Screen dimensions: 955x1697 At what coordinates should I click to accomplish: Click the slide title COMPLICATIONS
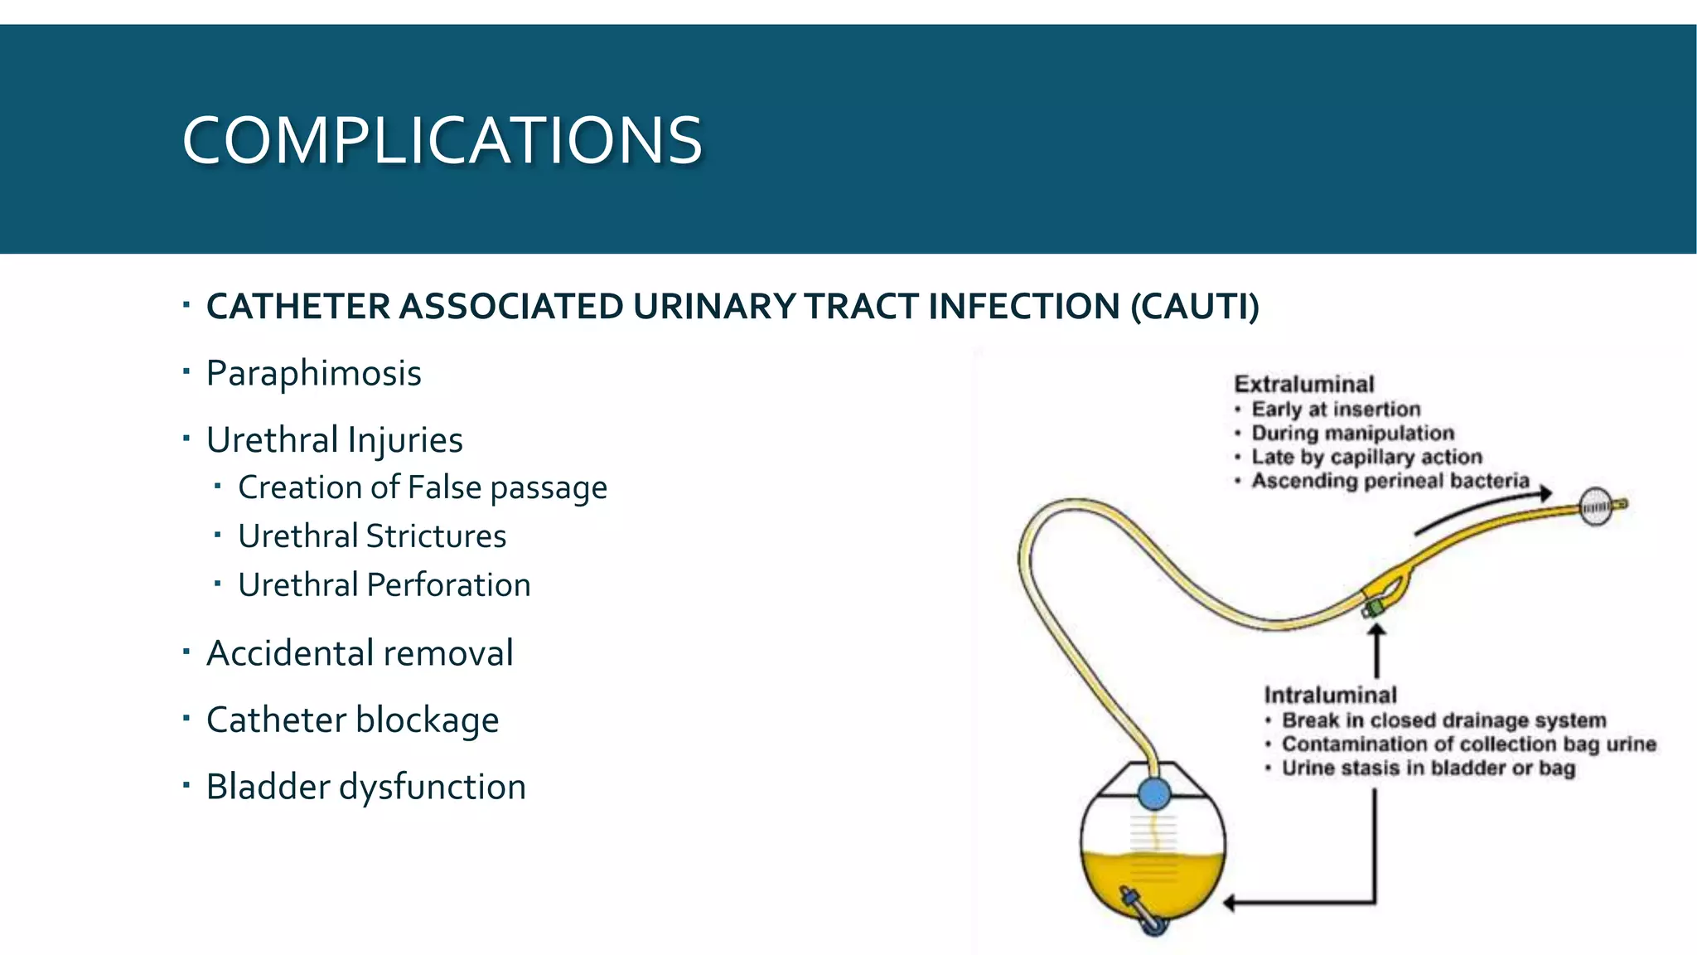coord(442,141)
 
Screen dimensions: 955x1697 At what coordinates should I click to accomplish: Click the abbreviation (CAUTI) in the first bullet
coord(1194,306)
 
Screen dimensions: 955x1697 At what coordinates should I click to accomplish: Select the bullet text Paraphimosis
coord(313,373)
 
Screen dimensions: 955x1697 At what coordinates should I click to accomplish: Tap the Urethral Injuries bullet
coord(334,439)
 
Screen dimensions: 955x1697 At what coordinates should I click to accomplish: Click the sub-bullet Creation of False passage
coord(423,487)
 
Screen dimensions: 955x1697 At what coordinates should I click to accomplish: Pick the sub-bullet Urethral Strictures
coord(372,536)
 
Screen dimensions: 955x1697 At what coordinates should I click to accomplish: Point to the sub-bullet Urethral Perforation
coord(384,585)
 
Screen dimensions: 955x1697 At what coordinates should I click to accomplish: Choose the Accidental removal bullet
coord(360,653)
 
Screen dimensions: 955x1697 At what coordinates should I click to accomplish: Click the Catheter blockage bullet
coord(352,720)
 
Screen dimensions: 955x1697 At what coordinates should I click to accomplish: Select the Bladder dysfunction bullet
coord(365,787)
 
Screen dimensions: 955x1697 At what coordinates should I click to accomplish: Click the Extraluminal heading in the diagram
coord(1303,385)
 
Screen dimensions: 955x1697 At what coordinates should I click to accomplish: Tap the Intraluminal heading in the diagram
coord(1330,695)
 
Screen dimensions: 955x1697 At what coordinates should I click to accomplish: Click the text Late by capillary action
coord(1366,457)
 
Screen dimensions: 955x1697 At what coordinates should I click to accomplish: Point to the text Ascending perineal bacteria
coord(1390,481)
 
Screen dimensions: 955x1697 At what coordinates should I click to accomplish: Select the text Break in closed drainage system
coord(1443,720)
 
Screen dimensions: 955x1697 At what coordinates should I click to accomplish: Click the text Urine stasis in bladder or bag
coord(1428,768)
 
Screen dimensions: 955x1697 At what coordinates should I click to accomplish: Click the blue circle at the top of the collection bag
coord(1153,793)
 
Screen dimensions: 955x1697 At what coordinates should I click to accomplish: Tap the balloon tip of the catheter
coord(1596,507)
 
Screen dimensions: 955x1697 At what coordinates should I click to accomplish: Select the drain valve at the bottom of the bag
coord(1140,912)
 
